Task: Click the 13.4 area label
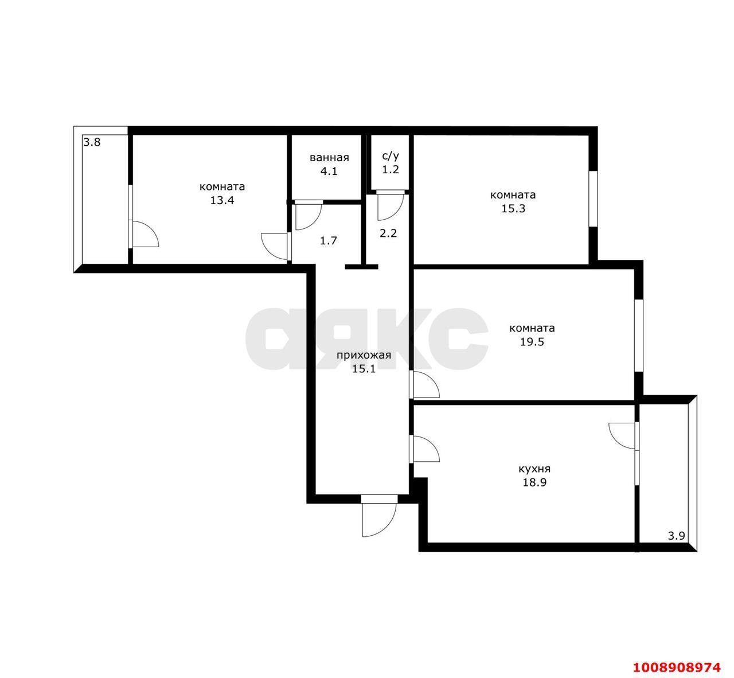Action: [222, 201]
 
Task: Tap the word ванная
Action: [329, 158]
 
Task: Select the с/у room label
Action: [391, 155]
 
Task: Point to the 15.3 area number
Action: [513, 209]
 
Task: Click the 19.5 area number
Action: [532, 342]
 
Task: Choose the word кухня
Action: [534, 469]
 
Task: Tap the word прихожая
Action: [364, 356]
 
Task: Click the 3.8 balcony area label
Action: [92, 142]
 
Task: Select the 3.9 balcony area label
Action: [676, 536]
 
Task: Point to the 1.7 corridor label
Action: [328, 241]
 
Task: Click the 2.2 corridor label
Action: [388, 233]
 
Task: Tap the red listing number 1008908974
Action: [677, 667]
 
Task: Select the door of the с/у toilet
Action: [391, 205]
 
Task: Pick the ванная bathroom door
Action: [309, 215]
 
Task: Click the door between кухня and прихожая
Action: [425, 449]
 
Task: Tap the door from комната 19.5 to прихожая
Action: [425, 385]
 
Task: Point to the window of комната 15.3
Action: [593, 198]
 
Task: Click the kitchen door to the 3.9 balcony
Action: [624, 436]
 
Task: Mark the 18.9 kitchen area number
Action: [534, 482]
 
